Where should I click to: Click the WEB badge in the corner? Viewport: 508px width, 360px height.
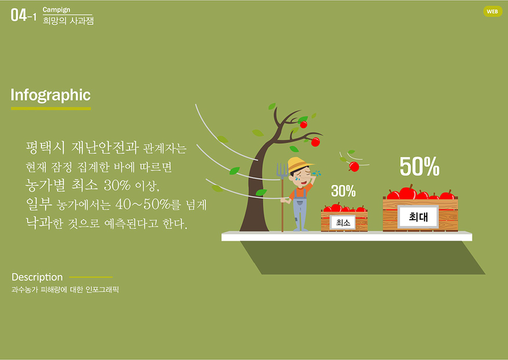[492, 11]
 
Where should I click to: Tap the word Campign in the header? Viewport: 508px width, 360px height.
[57, 9]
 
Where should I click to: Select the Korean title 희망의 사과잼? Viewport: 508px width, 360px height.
[68, 21]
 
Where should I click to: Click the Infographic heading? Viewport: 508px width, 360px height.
[50, 95]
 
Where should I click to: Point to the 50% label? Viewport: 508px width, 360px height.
[419, 167]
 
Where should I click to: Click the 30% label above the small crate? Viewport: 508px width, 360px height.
[343, 191]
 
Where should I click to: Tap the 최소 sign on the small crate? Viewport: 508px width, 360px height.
[343, 223]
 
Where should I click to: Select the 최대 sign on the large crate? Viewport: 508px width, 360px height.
[418, 217]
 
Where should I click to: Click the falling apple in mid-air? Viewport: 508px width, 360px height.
[354, 167]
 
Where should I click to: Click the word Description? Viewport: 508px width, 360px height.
[37, 277]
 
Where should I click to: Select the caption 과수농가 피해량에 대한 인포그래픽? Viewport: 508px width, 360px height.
[65, 290]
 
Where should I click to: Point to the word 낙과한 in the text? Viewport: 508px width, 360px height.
[44, 224]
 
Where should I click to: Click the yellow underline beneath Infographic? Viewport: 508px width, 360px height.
[51, 108]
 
